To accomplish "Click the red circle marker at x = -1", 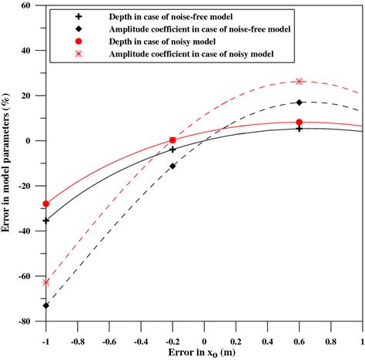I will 46,204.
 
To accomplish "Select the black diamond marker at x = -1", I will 46,305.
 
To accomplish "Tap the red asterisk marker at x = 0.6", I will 299,81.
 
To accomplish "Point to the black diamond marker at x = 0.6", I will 299,102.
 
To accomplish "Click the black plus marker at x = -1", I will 46,220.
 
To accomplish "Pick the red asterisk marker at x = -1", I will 46,282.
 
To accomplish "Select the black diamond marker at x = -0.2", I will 172,166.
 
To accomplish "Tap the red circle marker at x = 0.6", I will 299,122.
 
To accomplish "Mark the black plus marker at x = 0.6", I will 299,128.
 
